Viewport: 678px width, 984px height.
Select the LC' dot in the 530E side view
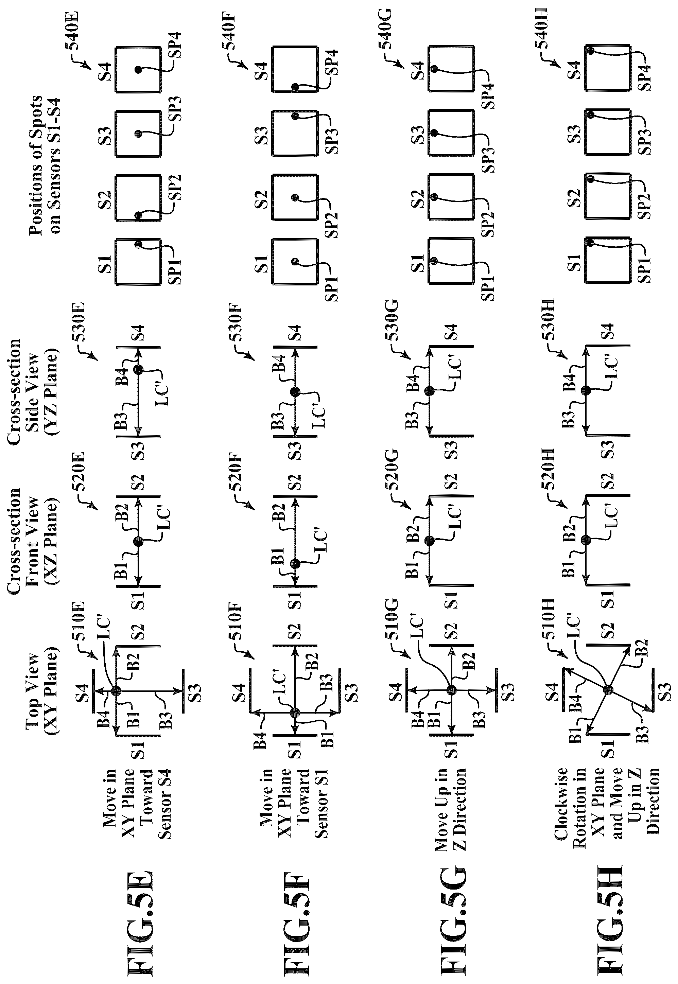point(138,369)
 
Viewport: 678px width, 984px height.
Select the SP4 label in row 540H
point(645,76)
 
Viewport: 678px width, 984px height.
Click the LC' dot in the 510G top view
point(451,689)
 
